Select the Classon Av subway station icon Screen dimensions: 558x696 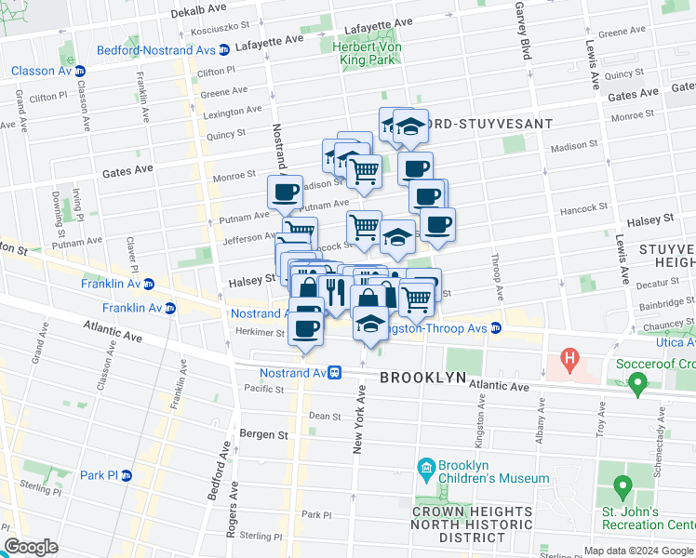pos(80,71)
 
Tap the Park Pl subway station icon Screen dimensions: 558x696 pos(127,475)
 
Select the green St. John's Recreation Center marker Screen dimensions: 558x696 pos(622,485)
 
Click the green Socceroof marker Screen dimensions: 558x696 pos(637,381)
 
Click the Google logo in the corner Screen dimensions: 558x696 pos(32,547)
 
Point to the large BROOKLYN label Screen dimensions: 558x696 pos(423,378)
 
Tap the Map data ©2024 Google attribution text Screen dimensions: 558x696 pos(638,551)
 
